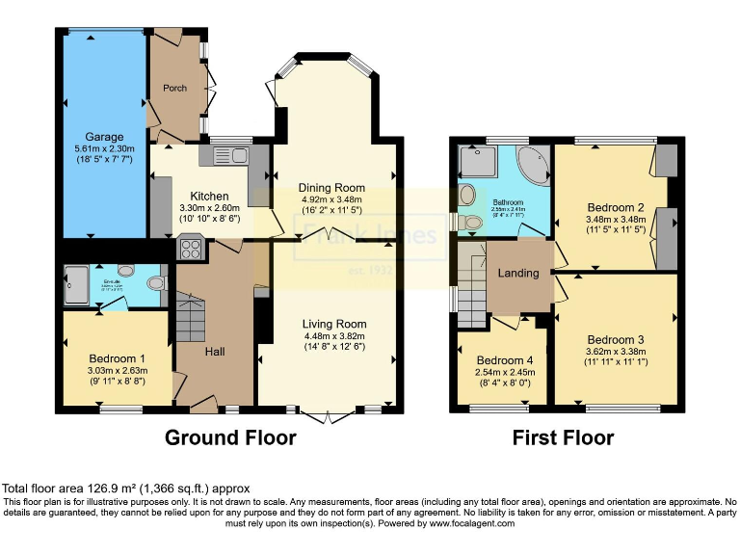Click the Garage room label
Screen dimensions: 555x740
point(104,137)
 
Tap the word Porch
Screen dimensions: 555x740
point(174,88)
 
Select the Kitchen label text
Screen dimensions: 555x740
point(209,196)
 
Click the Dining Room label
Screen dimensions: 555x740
point(331,187)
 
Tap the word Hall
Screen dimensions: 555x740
point(215,352)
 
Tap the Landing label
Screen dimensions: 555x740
point(517,273)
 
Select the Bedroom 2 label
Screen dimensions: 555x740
point(614,207)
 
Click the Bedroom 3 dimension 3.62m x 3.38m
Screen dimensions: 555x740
point(616,353)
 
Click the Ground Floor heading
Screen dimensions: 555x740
point(230,438)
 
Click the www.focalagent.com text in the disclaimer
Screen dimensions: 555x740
point(477,524)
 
